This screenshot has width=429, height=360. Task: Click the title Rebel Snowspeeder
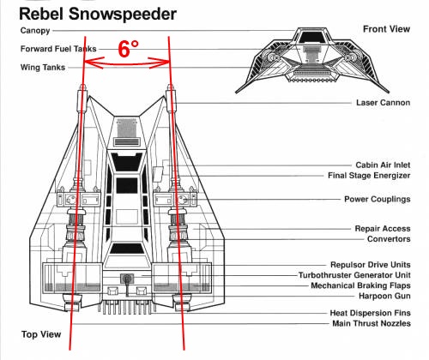[98, 15]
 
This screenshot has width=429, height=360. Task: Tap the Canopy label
[35, 31]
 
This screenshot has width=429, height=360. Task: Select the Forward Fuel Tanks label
[58, 49]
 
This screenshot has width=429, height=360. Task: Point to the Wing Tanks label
[43, 68]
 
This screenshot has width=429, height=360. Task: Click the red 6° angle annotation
[128, 49]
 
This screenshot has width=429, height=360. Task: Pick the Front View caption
[386, 29]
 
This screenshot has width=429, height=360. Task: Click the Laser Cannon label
[383, 103]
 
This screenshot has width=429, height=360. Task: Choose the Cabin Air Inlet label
[383, 165]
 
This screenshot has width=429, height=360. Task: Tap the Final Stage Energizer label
[369, 176]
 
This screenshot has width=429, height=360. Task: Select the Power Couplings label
[377, 199]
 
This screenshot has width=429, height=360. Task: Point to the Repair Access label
[383, 229]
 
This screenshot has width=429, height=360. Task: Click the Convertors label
[389, 239]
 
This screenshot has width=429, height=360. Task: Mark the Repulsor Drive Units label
[371, 265]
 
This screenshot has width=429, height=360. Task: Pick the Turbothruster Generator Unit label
[354, 275]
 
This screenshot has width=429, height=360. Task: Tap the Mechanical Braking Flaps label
[360, 285]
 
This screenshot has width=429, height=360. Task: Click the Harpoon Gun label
[384, 296]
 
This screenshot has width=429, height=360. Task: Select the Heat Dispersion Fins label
[370, 313]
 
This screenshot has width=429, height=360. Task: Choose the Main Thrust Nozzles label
[372, 323]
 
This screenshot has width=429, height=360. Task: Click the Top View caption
[41, 334]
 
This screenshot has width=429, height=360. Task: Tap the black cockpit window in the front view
[311, 37]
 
